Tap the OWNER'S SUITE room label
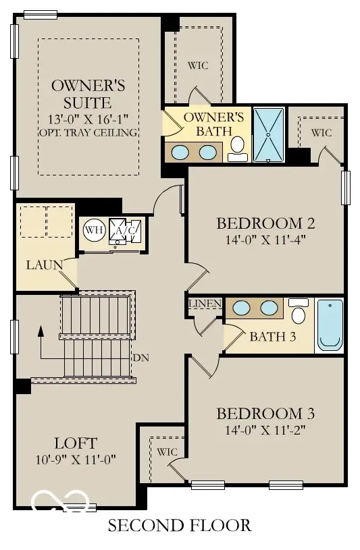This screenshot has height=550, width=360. pos(89,94)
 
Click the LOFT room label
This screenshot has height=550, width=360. pos(76,443)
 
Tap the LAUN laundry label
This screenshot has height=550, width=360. pos(45,265)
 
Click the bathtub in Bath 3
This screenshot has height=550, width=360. pos(330,325)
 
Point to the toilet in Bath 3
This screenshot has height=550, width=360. pos(299,313)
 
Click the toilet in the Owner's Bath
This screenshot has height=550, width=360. pos(238,148)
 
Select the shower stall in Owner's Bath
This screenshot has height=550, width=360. pos(269,134)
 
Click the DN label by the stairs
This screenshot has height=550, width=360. pos(141,357)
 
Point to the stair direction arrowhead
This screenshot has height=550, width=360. pos(41,331)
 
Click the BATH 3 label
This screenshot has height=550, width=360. pos(272,337)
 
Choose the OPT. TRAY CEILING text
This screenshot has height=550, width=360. pos(89,132)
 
